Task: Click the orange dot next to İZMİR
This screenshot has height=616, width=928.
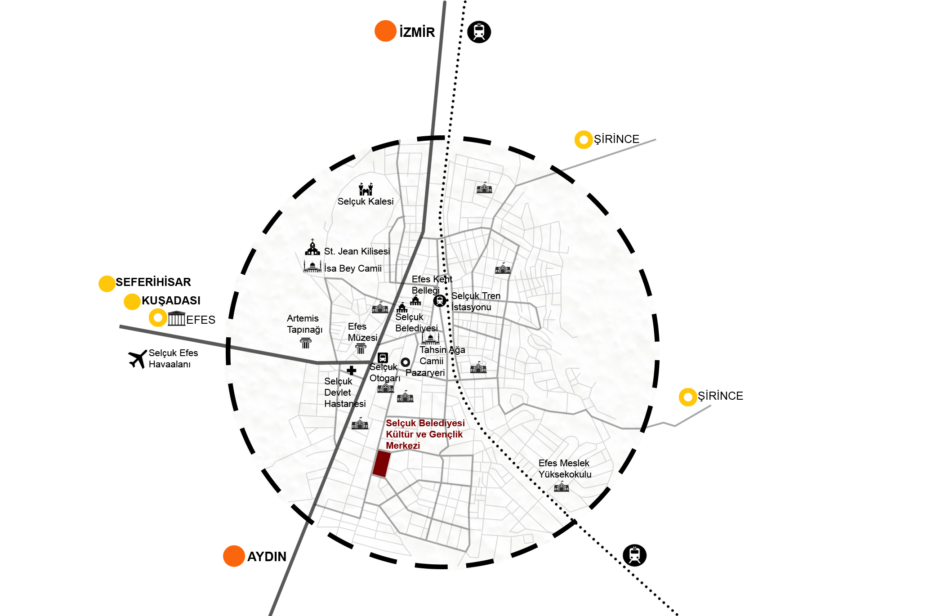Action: pyautogui.click(x=385, y=31)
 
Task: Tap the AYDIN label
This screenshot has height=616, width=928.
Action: pyautogui.click(x=267, y=557)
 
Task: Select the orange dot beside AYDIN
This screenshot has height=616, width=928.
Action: pyautogui.click(x=234, y=556)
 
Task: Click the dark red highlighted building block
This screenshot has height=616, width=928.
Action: pyautogui.click(x=381, y=464)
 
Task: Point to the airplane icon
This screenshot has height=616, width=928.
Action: pyautogui.click(x=137, y=359)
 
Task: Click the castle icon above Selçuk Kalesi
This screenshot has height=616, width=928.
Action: pyautogui.click(x=366, y=189)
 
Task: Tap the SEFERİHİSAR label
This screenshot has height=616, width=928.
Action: pyautogui.click(x=153, y=282)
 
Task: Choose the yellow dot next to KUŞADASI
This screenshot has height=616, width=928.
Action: pyautogui.click(x=132, y=302)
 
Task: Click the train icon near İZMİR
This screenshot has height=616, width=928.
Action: pyautogui.click(x=479, y=32)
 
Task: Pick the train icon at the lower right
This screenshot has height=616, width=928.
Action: pyautogui.click(x=634, y=555)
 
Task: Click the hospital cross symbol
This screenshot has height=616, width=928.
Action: pyautogui.click(x=352, y=370)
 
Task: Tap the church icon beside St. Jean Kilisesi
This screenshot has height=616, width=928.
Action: pyautogui.click(x=312, y=247)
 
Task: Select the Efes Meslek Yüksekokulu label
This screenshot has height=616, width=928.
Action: pyautogui.click(x=565, y=469)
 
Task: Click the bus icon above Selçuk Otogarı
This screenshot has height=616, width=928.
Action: pyautogui.click(x=383, y=358)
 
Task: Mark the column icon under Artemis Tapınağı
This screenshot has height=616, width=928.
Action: pyautogui.click(x=306, y=343)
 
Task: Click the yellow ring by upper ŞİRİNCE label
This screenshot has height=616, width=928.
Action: pyautogui.click(x=584, y=140)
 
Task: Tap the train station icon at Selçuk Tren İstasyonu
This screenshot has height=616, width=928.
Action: pyautogui.click(x=440, y=301)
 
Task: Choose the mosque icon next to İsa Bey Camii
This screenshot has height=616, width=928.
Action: pyautogui.click(x=312, y=266)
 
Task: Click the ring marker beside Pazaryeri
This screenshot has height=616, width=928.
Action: pyautogui.click(x=406, y=362)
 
